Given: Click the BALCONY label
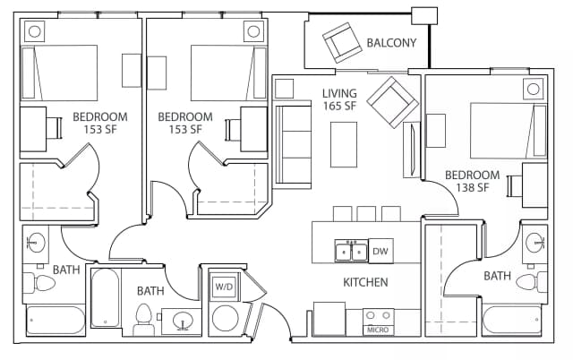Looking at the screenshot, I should (391, 42).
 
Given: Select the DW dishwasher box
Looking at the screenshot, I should (380, 252).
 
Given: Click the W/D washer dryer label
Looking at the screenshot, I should (223, 287).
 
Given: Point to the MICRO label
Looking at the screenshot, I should (377, 330).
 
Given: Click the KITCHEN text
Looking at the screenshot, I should (365, 283).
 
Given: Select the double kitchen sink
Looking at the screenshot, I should (350, 252).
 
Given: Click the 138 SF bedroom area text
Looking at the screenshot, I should (471, 187).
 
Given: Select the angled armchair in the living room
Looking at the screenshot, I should (388, 100).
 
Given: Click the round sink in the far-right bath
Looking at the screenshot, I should (535, 242).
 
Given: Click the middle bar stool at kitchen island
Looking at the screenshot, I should (366, 213).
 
